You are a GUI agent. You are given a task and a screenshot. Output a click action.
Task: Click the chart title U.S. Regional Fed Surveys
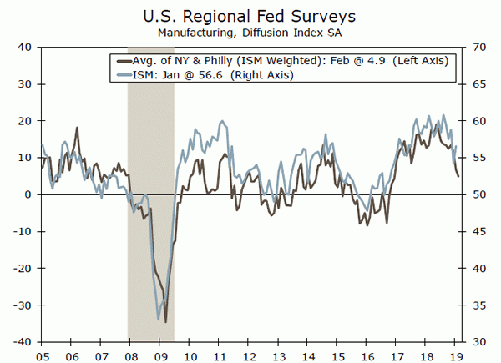point(250,15)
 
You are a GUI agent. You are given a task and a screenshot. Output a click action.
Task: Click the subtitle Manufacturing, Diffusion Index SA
point(250,33)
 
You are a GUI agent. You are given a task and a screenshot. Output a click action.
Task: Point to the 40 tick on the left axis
point(24,48)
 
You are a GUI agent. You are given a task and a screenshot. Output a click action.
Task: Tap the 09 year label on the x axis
point(159,354)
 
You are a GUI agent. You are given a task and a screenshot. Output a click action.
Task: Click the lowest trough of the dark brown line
point(165,322)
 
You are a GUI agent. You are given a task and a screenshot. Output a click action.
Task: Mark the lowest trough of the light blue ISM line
point(159,319)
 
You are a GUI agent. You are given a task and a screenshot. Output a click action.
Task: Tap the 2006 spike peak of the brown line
point(77,128)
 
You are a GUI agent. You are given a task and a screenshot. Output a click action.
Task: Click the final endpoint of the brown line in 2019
point(458,176)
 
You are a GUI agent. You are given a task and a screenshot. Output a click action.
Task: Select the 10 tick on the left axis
point(24,158)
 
